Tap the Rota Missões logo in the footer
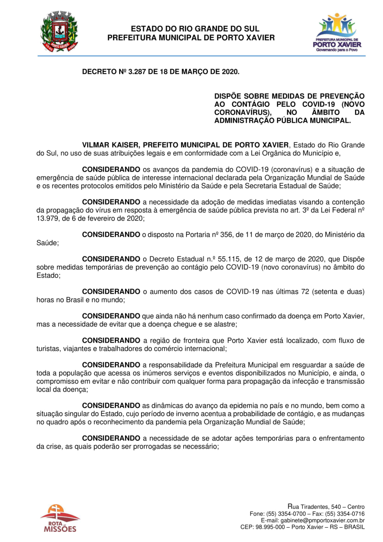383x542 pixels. (60, 518)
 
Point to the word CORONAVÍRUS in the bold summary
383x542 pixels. (241, 113)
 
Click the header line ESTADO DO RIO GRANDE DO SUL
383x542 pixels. (191, 29)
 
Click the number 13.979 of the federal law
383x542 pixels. (48, 218)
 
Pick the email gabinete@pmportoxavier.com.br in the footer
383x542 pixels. (313, 520)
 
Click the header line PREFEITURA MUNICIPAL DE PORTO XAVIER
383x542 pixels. (191, 37)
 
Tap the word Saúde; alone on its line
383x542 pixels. (48, 243)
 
